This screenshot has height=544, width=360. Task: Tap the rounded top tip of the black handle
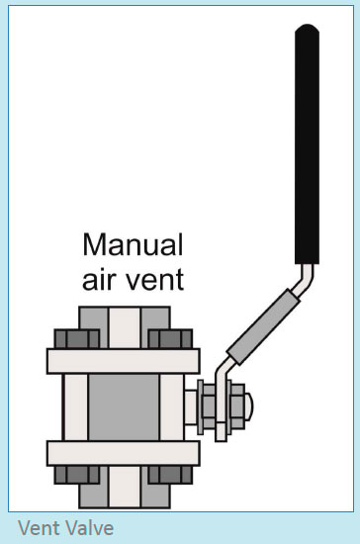click(x=308, y=29)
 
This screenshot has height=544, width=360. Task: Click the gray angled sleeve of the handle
click(x=258, y=323)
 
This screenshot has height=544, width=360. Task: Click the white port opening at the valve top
click(x=124, y=323)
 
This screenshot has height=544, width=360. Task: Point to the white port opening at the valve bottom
click(x=124, y=489)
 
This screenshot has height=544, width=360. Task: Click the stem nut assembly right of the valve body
click(x=219, y=407)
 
